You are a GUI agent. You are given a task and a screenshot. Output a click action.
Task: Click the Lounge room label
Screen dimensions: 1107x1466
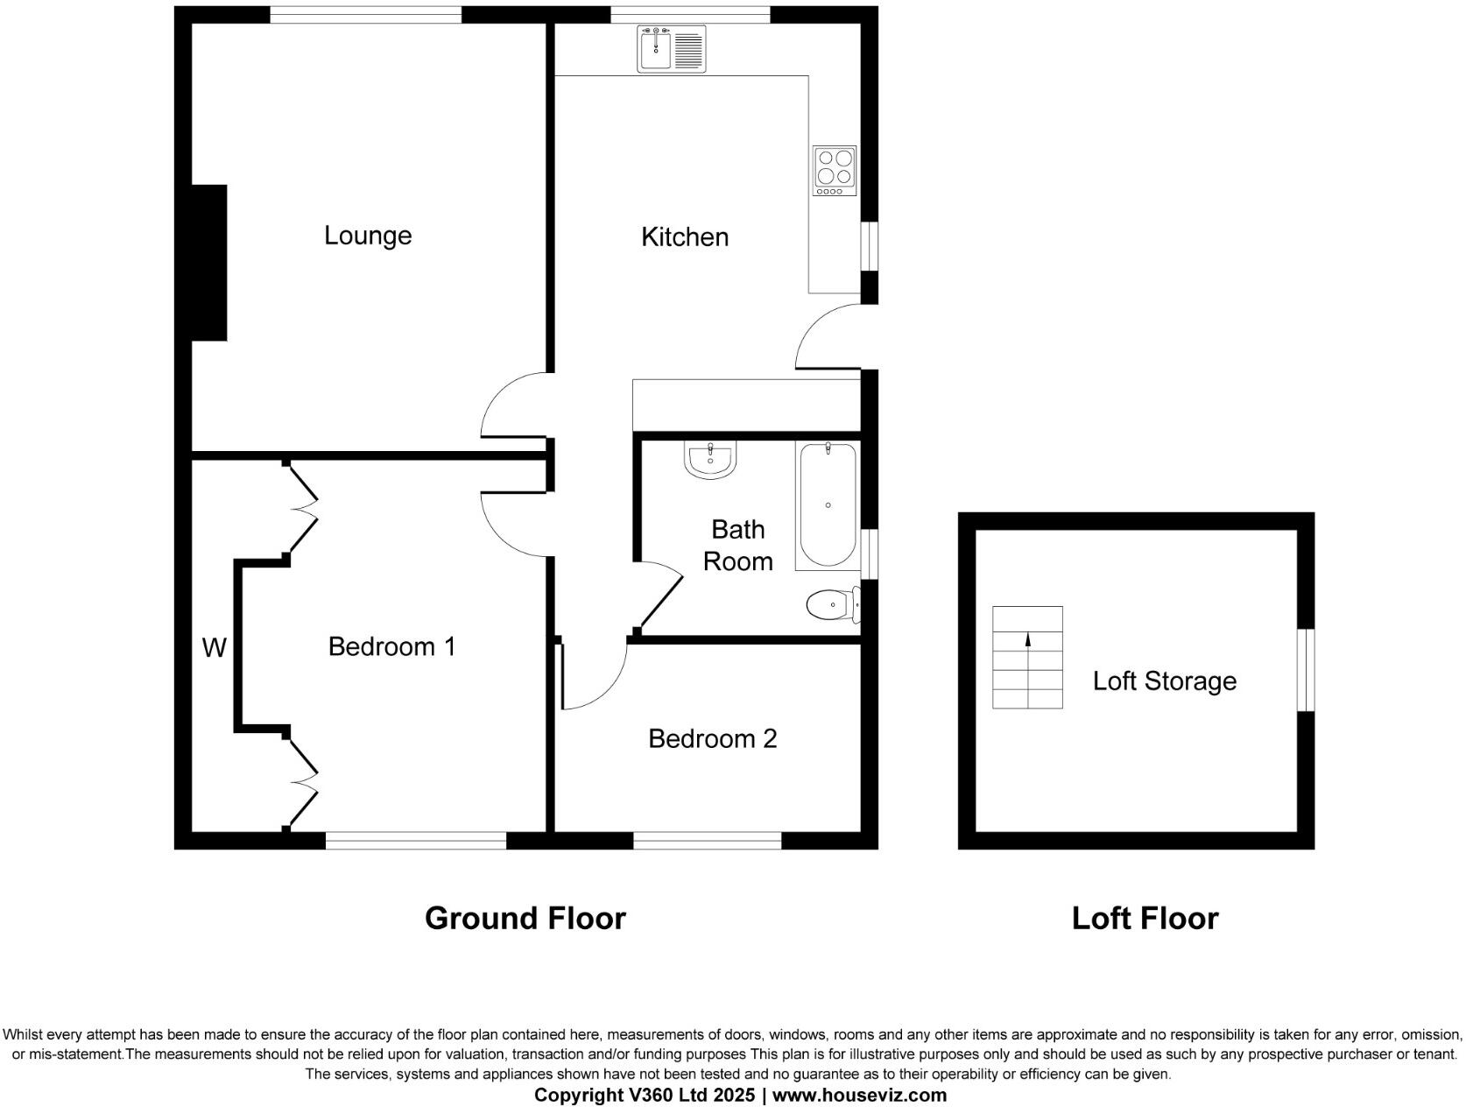coord(367,235)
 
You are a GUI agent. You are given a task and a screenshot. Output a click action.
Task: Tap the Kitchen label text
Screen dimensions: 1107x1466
coord(684,236)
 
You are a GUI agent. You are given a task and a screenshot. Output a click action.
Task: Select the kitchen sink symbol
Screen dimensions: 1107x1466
coord(671,49)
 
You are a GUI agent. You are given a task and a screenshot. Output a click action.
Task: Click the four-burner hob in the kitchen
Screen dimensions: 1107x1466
coord(834,170)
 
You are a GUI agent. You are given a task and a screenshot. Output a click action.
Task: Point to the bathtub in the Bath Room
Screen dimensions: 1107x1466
coord(827,505)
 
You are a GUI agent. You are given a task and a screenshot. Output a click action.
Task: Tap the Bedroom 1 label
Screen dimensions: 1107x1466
coord(391,646)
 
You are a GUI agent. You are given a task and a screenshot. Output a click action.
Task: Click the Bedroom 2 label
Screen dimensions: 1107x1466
coord(712,738)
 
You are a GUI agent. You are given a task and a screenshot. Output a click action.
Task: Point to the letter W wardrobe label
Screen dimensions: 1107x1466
coord(214,647)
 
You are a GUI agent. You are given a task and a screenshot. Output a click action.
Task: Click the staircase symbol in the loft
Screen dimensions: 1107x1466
coord(1027,657)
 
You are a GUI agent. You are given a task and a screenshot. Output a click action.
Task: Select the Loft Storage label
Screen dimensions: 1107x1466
coord(1164,680)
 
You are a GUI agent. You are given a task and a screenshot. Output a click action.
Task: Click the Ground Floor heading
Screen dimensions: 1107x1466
coord(525,918)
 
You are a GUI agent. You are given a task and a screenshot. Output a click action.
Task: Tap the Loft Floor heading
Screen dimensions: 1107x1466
coord(1145,918)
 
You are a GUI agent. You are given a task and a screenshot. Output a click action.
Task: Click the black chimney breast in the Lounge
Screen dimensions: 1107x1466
coord(209,262)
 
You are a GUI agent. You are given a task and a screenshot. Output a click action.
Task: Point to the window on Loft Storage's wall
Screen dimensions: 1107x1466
coord(1305,669)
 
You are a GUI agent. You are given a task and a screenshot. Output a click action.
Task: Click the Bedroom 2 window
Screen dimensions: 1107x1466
coord(707,841)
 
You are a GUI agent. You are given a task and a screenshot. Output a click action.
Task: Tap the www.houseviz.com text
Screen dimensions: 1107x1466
coord(859,1095)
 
